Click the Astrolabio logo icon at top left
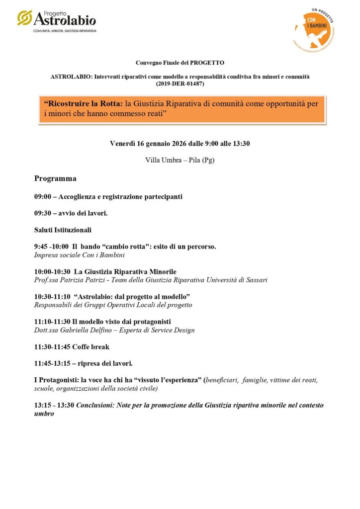click(24, 17)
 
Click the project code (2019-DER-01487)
click(180, 84)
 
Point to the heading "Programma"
click(55, 178)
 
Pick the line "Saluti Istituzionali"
click(63, 230)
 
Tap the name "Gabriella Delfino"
click(86, 330)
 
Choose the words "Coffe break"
click(90, 346)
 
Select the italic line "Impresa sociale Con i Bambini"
click(79, 255)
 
